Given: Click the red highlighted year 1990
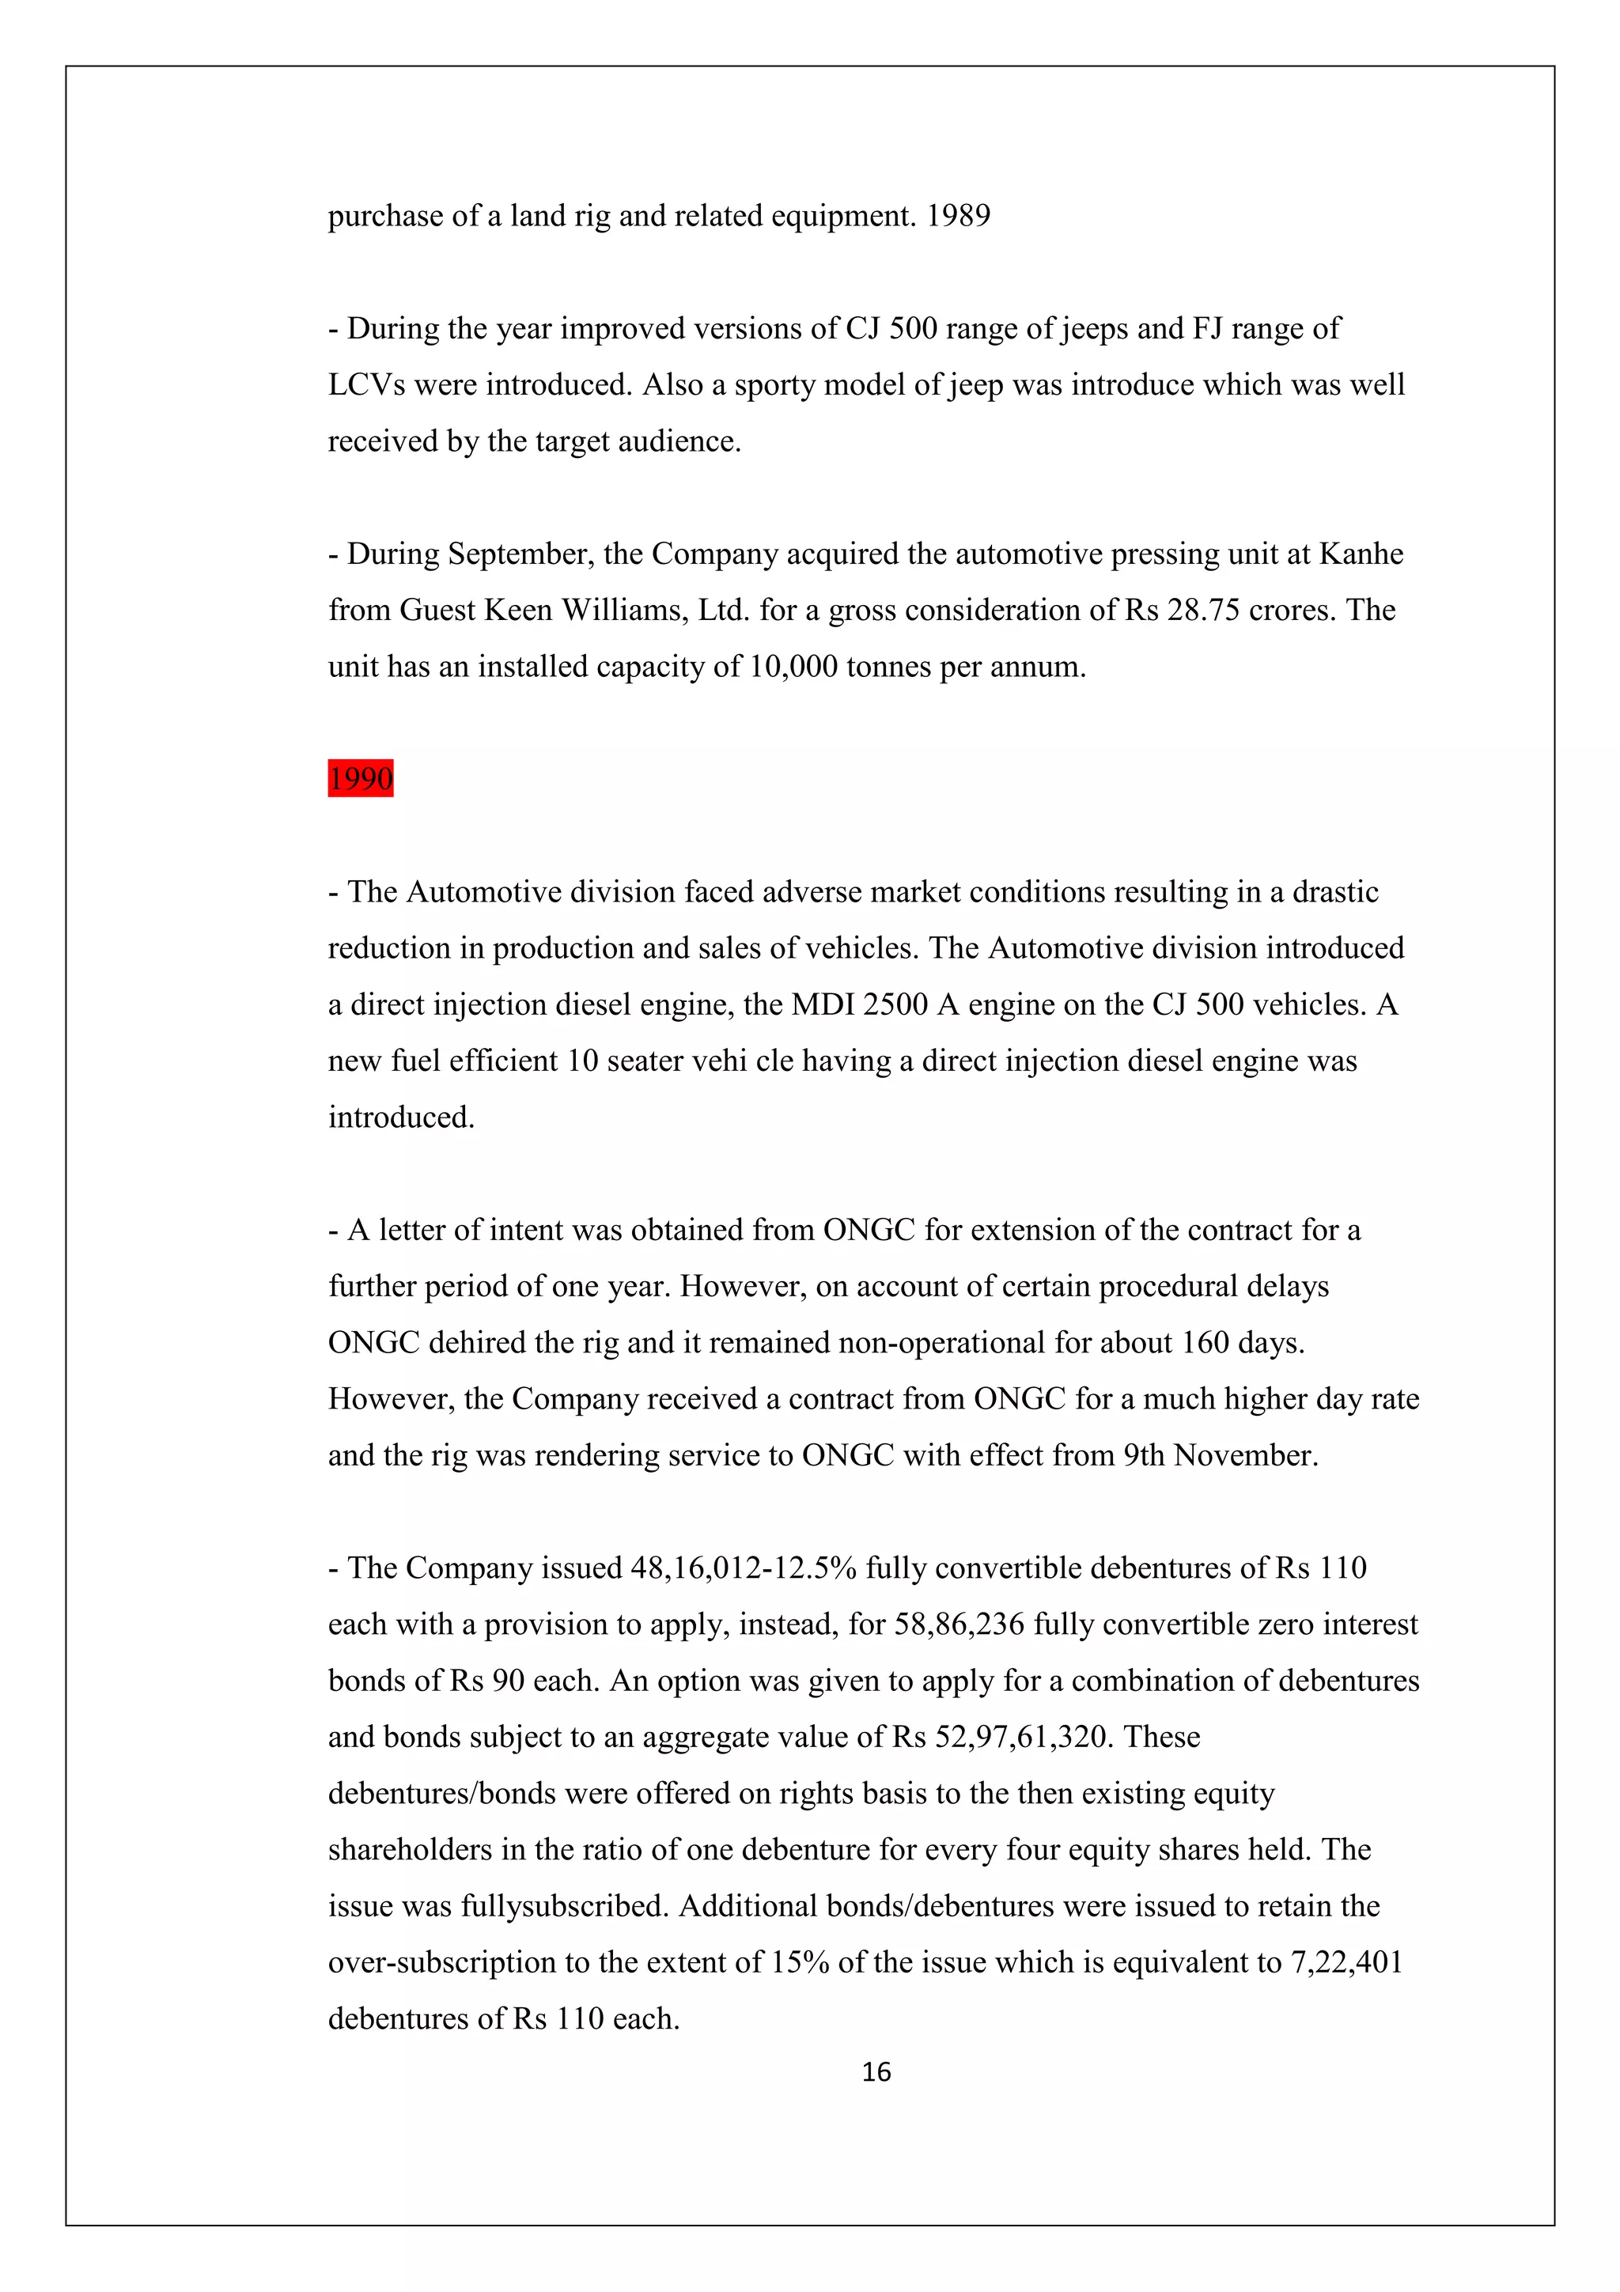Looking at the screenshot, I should [361, 779].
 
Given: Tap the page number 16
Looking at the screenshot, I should [876, 2072].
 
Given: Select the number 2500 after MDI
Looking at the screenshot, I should [895, 1005].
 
